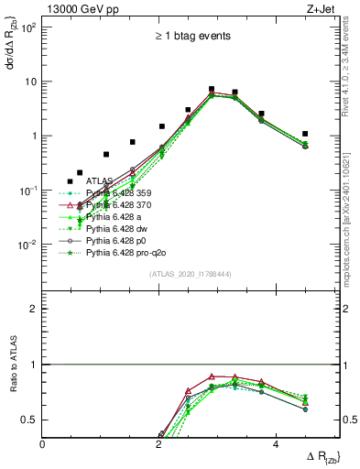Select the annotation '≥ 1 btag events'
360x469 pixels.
click(191, 37)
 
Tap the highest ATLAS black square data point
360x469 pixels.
click(212, 90)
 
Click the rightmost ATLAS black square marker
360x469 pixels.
click(305, 134)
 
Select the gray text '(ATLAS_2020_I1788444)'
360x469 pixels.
click(191, 274)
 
